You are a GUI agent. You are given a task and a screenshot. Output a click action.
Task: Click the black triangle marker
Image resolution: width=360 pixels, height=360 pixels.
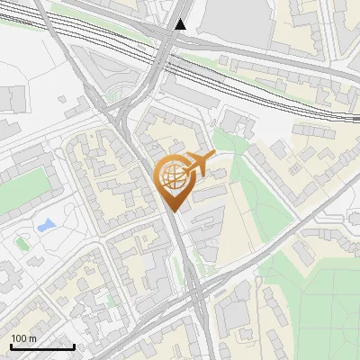point(183,24)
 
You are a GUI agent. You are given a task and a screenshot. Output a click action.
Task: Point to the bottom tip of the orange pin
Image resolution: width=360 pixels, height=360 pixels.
point(172,211)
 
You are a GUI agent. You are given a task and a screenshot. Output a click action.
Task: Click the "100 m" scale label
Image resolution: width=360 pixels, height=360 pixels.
point(23,338)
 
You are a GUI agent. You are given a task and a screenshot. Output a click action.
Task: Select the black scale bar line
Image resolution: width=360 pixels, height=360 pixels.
point(42,346)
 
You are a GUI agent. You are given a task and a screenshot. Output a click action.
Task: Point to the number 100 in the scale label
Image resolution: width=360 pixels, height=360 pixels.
point(19,338)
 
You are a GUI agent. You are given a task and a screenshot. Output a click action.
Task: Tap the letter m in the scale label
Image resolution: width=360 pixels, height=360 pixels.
point(32,338)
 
